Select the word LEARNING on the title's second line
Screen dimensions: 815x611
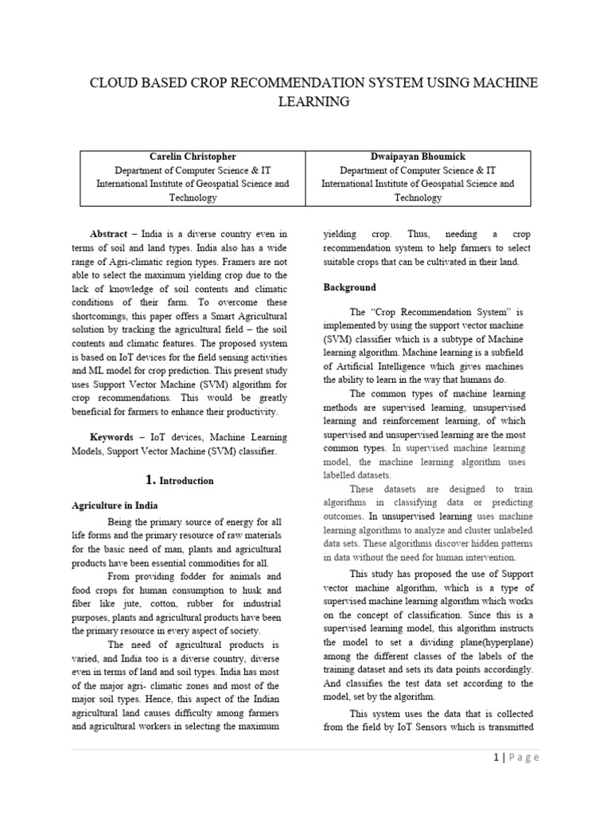313,102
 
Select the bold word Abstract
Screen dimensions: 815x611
108,234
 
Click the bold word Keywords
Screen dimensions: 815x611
111,438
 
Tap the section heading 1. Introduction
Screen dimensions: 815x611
180,480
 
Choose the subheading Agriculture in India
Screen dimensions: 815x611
115,505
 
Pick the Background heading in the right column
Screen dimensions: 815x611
349,287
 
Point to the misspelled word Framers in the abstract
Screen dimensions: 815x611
244,261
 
